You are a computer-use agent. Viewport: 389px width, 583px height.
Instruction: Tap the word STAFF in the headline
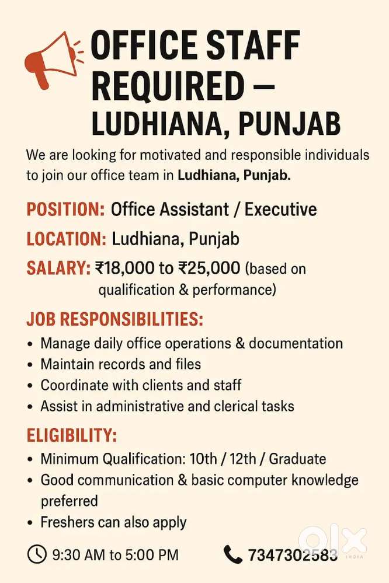[253, 47]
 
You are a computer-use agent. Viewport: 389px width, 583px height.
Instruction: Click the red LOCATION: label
[66, 239]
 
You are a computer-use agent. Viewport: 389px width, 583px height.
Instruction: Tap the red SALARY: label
[58, 268]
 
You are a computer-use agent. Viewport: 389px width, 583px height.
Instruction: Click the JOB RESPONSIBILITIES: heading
[114, 319]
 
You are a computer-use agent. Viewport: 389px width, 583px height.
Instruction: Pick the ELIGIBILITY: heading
[71, 435]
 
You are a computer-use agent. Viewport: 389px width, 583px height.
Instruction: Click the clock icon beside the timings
[37, 553]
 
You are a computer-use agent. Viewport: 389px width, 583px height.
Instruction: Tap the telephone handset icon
[233, 553]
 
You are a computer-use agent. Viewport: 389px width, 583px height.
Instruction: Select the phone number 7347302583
[293, 554]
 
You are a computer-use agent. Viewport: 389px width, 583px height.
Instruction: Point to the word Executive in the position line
[280, 209]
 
